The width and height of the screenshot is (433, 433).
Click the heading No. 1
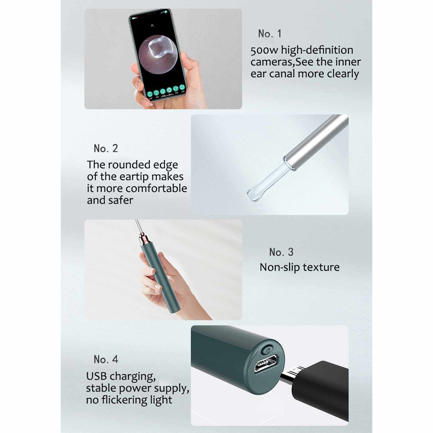tap(270, 34)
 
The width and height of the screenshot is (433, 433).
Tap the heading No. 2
tap(106, 148)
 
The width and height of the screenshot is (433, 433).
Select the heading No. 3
tap(281, 252)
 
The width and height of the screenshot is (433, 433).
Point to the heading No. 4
tap(106, 359)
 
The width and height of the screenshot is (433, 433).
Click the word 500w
tap(264, 50)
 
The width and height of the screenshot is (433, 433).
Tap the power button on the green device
tap(268, 351)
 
